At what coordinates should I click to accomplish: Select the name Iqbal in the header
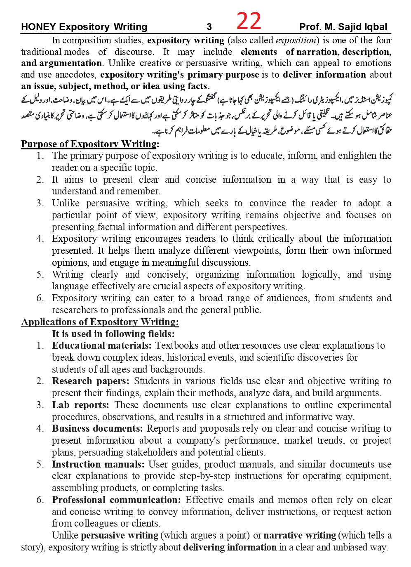point(375,27)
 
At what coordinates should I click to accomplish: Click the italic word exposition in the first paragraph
point(296,40)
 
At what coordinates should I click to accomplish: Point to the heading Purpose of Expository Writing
point(89,144)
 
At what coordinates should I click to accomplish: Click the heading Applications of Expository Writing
point(100,322)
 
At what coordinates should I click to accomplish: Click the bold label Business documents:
point(97,428)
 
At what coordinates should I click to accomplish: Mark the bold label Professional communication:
point(116,500)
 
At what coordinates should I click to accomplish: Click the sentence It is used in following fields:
point(113,334)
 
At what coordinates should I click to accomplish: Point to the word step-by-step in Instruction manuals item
point(205,476)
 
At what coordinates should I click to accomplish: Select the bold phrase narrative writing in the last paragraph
point(300,535)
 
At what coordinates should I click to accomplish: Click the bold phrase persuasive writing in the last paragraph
point(120,535)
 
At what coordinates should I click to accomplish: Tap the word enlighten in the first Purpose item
point(358,156)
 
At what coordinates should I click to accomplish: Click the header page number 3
point(209,27)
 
